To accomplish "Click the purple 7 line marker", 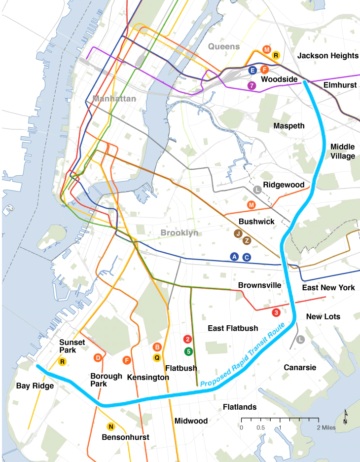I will [x=252, y=85].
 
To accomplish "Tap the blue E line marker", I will [x=252, y=71].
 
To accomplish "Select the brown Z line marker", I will [x=247, y=240].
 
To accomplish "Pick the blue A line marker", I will [x=235, y=257].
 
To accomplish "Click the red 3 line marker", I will [x=276, y=312].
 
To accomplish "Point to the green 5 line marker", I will [x=188, y=351].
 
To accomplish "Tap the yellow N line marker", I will [x=111, y=427].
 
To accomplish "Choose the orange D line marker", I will [x=98, y=358].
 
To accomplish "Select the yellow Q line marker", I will [x=157, y=357].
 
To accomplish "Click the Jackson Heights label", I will [x=328, y=56].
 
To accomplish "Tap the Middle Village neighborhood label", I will [x=343, y=151].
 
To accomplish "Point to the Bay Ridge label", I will [x=35, y=385].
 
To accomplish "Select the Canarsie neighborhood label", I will [x=300, y=367].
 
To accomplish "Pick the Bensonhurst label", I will [x=125, y=437].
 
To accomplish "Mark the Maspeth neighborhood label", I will [x=289, y=126].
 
